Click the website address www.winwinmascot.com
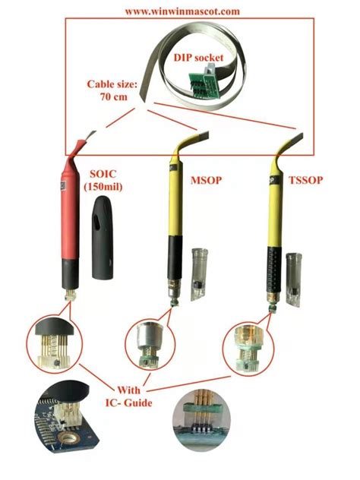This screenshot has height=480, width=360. (182, 11)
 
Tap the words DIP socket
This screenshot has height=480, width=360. (199, 57)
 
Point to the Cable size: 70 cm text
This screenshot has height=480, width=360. (112, 90)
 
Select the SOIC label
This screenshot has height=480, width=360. (103, 174)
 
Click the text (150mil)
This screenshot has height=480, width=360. (103, 186)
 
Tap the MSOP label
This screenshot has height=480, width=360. (206, 180)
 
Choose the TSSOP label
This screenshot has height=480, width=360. (306, 180)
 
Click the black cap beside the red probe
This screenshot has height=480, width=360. (103, 237)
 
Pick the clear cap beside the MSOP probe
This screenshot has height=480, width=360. (199, 275)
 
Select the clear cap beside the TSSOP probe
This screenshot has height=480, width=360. (294, 279)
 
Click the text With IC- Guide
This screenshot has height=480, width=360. (129, 396)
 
